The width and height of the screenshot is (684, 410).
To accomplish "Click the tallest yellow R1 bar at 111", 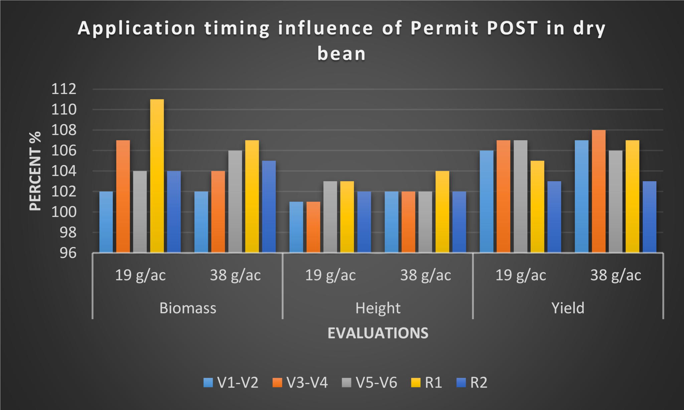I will [x=157, y=176].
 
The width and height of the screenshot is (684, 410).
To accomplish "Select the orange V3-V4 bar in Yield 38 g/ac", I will [x=598, y=191].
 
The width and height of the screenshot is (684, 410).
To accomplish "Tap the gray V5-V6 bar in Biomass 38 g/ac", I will [x=235, y=201].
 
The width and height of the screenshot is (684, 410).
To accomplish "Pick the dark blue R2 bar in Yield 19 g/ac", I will [x=554, y=217].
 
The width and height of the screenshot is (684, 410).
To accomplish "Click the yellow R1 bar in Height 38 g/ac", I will [x=442, y=212].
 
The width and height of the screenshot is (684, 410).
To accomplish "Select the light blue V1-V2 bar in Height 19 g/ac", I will [x=296, y=227].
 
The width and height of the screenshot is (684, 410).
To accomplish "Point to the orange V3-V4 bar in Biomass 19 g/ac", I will [x=123, y=196].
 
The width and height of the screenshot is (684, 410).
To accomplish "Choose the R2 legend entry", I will [x=472, y=383].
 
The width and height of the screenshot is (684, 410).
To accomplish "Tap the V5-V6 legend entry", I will [x=370, y=383].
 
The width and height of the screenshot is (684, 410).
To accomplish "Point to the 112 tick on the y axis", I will [x=64, y=89].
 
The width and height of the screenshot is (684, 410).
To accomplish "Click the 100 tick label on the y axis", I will [x=64, y=212].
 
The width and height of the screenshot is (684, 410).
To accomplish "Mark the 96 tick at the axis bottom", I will [x=68, y=253].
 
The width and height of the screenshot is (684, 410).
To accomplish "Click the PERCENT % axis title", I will [x=35, y=171].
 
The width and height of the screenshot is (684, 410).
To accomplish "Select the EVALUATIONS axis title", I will [x=378, y=333].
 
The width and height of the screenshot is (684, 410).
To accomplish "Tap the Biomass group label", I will [x=188, y=308].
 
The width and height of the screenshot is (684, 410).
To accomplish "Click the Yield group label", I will [x=568, y=308].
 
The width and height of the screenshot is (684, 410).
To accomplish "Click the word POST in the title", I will [x=512, y=28].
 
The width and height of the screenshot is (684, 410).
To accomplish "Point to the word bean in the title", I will [x=341, y=53].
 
